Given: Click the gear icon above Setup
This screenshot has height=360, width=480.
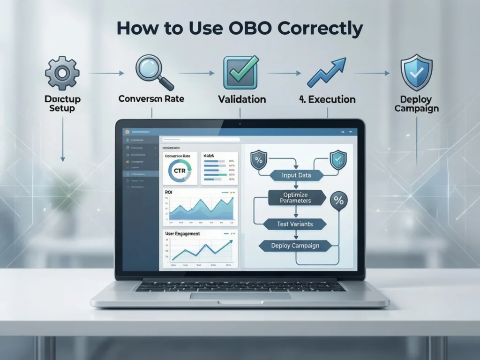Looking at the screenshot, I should tap(62, 73).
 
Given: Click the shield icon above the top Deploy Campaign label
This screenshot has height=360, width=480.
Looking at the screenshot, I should tap(416, 72).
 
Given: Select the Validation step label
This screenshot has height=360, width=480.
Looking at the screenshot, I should tap(242, 99).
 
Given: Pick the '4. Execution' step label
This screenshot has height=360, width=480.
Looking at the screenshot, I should tap(327, 99).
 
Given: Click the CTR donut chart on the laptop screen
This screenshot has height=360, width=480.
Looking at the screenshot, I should tap(180, 171).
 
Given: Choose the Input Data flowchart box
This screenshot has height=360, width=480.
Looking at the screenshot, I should tap(296, 175).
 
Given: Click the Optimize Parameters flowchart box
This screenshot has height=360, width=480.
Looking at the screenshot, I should tap(295, 197).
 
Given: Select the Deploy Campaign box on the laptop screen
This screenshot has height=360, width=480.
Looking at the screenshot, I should tap(295, 246).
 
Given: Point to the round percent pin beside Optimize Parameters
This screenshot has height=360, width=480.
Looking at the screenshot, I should tap(339, 201).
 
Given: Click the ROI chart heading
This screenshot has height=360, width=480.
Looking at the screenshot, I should tap(169, 192).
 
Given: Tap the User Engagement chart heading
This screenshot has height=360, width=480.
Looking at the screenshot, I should tap(182, 233).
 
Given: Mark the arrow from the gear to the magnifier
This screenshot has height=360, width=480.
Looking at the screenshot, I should tap(106, 73).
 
